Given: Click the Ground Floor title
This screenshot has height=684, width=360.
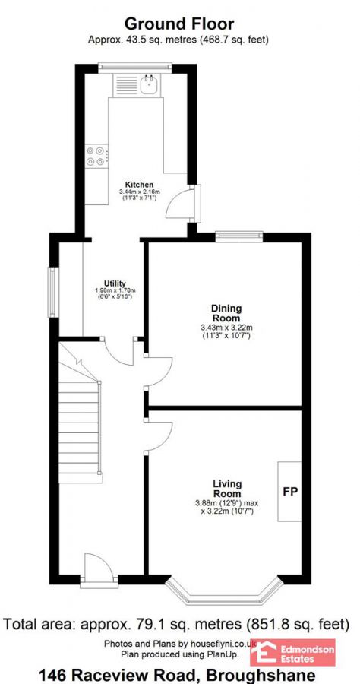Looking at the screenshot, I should click(179, 24).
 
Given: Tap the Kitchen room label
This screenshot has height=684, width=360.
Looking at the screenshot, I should click(140, 185).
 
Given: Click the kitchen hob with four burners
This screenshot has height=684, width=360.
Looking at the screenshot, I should click(96, 156).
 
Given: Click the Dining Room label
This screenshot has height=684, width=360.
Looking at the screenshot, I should click(226, 312).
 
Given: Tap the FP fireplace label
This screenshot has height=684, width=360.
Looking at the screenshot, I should click(290, 491).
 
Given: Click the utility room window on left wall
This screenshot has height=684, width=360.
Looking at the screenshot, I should click(52, 292).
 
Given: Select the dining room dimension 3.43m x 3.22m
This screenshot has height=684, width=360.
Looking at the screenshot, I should click(226, 328).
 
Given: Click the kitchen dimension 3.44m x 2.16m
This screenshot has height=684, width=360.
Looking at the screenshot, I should click(140, 192).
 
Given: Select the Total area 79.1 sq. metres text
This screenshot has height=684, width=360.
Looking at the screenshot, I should click(179, 625).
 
